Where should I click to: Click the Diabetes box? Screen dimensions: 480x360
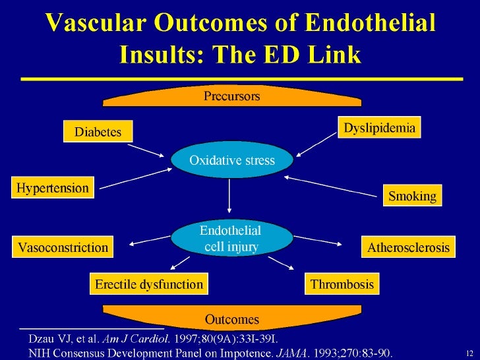point(98,131)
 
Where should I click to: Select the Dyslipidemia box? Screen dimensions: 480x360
point(379,127)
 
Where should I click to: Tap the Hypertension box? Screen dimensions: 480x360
point(53,188)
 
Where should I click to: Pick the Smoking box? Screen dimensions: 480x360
point(411,196)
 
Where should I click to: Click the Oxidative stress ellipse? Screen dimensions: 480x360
point(231,160)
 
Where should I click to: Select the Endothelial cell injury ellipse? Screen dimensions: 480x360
point(231,239)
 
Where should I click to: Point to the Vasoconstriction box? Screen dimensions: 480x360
point(63,248)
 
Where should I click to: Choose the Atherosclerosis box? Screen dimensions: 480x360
point(407,248)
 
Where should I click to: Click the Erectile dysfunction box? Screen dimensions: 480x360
point(148,285)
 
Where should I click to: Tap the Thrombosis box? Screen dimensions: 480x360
point(342,285)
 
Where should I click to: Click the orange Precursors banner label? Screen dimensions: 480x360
point(231,96)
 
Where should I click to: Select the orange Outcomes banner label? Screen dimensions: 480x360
point(231,320)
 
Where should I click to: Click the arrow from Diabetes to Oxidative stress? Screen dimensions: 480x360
point(152,150)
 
